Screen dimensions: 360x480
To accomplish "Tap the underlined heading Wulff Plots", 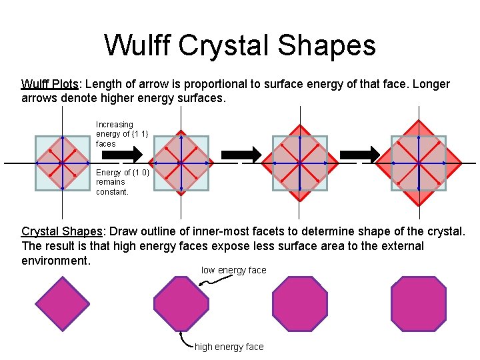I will point(50,84).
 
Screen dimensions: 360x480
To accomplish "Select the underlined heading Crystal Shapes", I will point(62,231).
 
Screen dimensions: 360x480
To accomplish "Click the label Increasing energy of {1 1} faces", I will point(115,134).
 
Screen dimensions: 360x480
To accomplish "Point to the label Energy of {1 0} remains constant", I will point(115,182).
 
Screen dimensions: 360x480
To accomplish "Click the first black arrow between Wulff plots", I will point(131,155).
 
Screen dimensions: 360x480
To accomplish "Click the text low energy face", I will point(233,270).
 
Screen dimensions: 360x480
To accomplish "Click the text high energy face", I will point(229,347).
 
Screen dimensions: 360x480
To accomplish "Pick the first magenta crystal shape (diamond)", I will point(62,303).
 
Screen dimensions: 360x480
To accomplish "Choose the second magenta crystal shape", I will point(181,303).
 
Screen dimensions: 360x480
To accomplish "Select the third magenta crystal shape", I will point(300,303).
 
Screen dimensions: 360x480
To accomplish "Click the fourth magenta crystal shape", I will point(418,303).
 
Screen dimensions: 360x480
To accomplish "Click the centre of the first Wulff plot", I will point(61,163).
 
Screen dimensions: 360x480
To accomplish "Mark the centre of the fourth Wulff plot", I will point(418,163).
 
